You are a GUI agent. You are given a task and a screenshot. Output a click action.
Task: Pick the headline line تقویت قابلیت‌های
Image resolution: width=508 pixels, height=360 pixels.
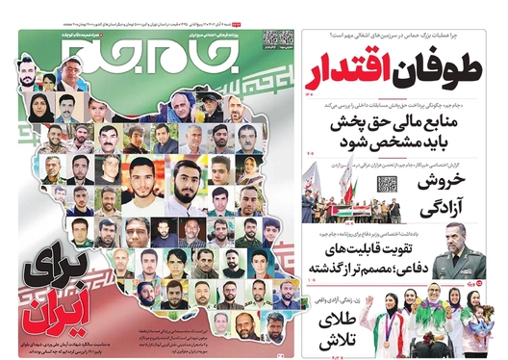point(374,248)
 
